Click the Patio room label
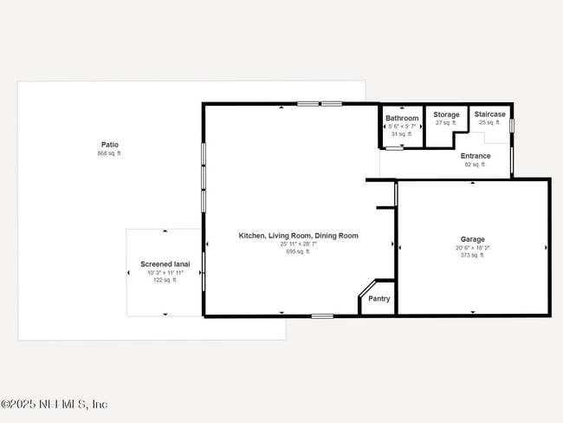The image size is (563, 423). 109,145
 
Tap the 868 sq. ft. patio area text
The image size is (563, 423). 109,153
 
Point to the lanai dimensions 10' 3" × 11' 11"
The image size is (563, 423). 165,272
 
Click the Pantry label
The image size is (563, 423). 379,299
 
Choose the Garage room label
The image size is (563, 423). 472,239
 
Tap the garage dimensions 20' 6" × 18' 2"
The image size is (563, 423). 472,248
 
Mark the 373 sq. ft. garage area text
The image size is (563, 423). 472,256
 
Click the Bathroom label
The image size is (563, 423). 402,118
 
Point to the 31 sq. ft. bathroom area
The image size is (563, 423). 402,133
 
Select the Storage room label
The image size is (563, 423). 446,114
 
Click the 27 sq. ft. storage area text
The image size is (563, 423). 446,122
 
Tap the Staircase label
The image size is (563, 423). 489,114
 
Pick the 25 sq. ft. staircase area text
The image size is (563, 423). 489,122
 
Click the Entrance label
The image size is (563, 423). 476,156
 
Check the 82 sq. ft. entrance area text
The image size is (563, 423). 476,164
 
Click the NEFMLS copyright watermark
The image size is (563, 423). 54,405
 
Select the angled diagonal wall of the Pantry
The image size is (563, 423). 366,288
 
